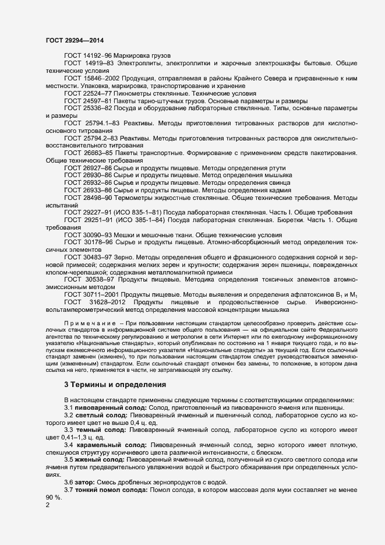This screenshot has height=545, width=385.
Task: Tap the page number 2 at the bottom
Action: (48, 505)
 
